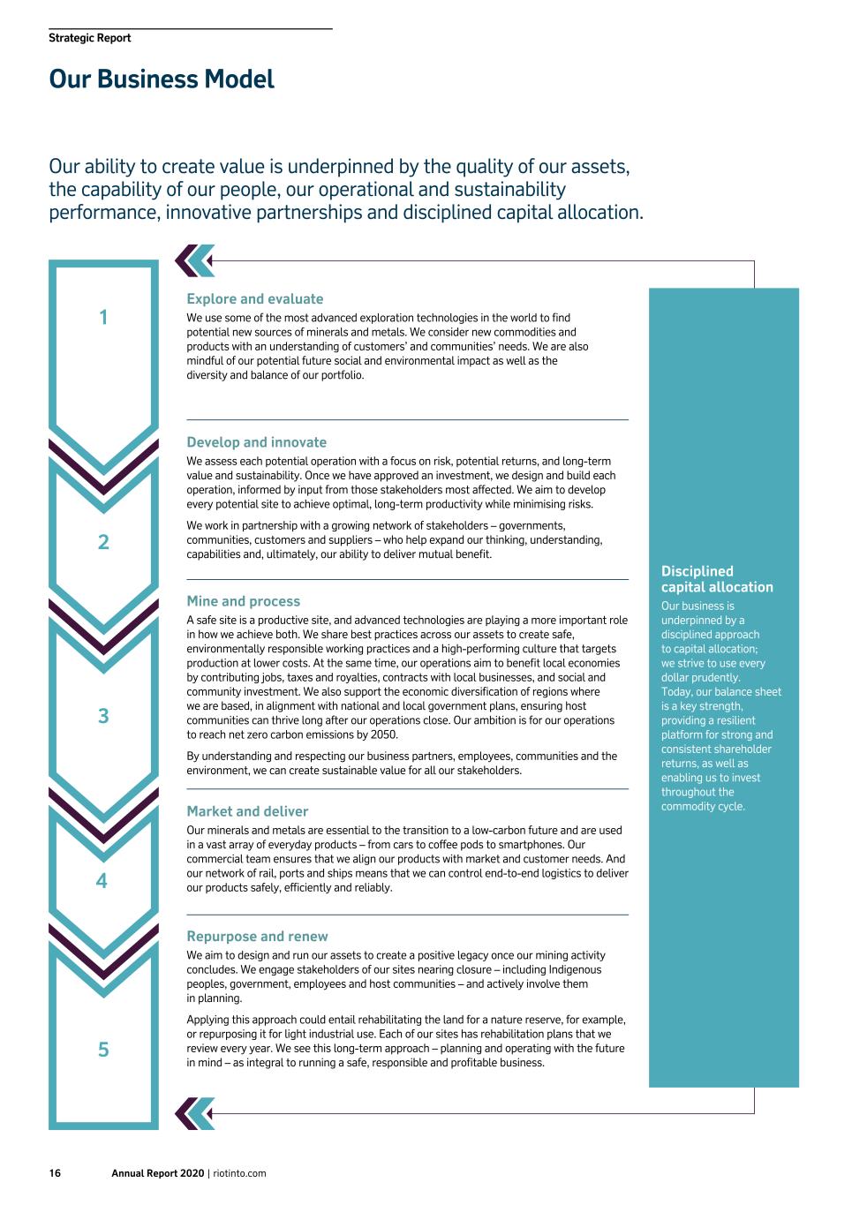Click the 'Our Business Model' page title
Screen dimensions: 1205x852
point(162,79)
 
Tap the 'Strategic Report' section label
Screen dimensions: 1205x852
point(90,38)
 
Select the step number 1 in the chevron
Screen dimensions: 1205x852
point(103,317)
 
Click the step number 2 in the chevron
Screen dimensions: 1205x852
point(103,542)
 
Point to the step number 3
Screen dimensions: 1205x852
point(103,716)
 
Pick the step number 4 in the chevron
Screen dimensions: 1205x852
point(102,881)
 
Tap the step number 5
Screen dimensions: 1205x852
point(103,1050)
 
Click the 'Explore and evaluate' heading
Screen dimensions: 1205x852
point(254,299)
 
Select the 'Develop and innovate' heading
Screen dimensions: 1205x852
point(256,442)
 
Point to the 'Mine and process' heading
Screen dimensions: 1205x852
point(243,601)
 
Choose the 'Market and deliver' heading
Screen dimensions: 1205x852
point(247,811)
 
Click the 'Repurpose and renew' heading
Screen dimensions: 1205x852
point(257,937)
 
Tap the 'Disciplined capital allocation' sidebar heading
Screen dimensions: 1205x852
point(717,579)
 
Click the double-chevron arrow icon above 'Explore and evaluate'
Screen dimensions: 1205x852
point(194,260)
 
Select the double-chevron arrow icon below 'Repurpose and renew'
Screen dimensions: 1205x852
point(194,1113)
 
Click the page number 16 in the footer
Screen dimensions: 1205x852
point(55,1173)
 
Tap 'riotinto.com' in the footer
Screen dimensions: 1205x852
point(239,1173)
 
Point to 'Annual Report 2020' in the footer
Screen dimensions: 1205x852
point(157,1173)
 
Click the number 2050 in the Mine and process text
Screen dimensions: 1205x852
point(384,734)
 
